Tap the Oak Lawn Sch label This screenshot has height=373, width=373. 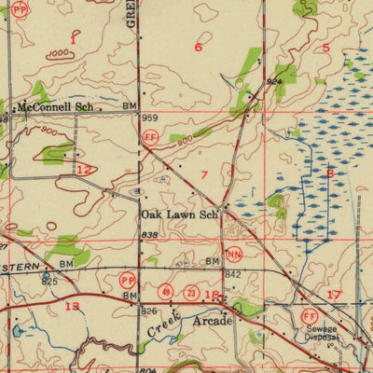(179, 214)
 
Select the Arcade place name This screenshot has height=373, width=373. (212, 321)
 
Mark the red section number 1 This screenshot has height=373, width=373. (72, 40)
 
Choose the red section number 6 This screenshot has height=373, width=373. (198, 46)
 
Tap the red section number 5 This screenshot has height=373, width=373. (325, 47)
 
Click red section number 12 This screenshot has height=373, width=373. (84, 169)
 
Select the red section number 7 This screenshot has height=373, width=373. (203, 174)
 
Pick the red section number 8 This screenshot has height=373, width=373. (329, 173)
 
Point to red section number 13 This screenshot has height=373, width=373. (72, 306)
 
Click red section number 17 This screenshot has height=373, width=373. (334, 295)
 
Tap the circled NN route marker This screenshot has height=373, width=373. (234, 254)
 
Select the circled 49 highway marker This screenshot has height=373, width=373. (165, 293)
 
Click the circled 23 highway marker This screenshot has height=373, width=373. (189, 293)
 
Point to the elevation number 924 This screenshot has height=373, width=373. (272, 82)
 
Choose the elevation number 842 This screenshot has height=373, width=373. (234, 273)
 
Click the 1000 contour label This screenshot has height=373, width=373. (60, 53)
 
